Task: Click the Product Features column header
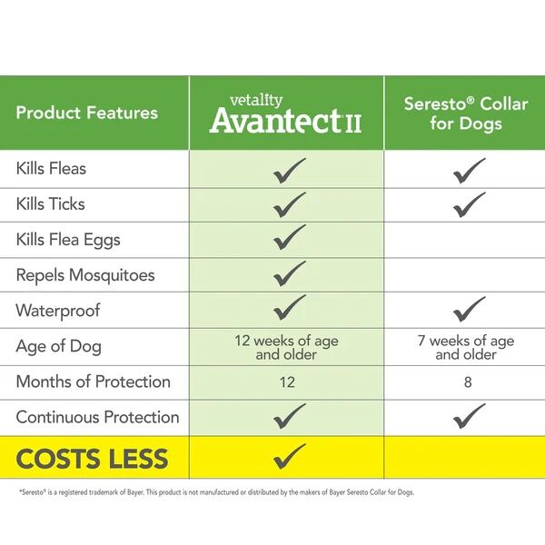[x=87, y=114]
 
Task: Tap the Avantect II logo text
[x=285, y=118]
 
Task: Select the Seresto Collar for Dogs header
[x=466, y=114]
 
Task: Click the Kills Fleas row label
[x=51, y=169]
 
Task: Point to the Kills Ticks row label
[x=50, y=204]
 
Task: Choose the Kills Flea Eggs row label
[x=68, y=240]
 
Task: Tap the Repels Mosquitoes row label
[x=85, y=275]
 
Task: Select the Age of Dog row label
[x=59, y=346]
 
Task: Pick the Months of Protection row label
[x=94, y=381]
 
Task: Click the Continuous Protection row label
[x=97, y=417]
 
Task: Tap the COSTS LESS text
[x=93, y=459]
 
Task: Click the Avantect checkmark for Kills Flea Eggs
[x=289, y=238]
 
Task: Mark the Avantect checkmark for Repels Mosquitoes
[x=289, y=273]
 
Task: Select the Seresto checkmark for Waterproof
[x=469, y=309]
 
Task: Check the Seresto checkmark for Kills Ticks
[x=469, y=203]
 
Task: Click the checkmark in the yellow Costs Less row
[x=289, y=455]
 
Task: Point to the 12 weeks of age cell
[x=287, y=347]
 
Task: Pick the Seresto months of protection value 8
[x=468, y=382]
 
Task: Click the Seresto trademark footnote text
[x=215, y=492]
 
